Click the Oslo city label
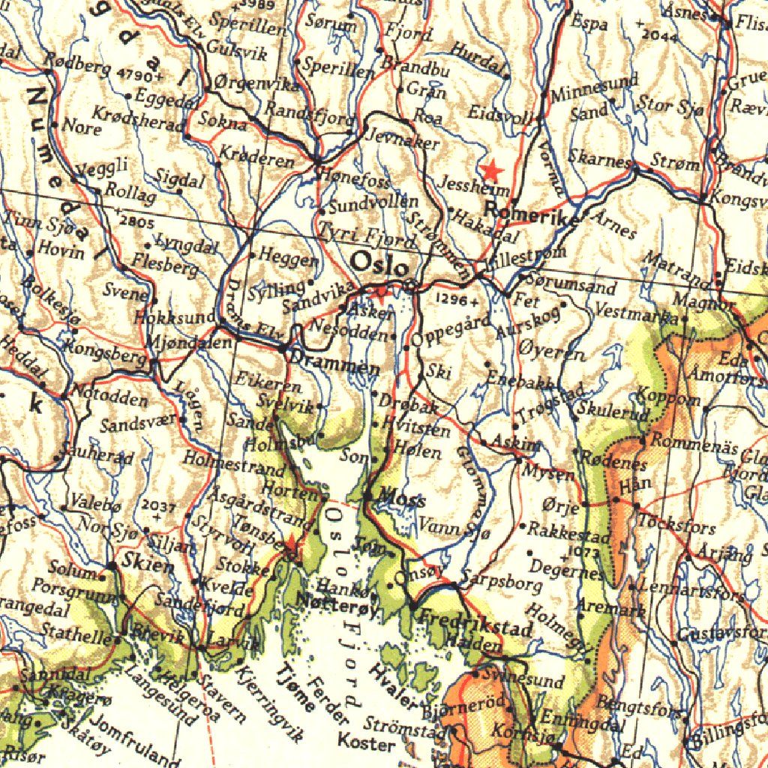click(x=381, y=265)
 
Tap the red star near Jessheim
click(x=493, y=170)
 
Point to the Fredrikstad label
click(x=474, y=623)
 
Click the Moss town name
click(x=402, y=498)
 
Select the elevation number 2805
click(x=136, y=222)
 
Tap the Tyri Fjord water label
click(x=367, y=237)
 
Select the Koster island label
click(x=366, y=743)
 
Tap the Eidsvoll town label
click(x=499, y=113)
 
